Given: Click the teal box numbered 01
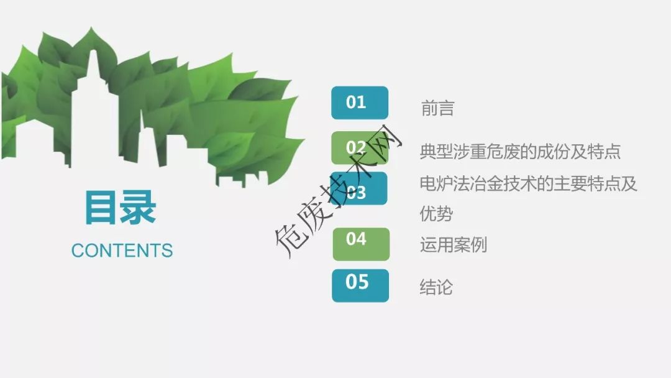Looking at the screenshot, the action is coord(360,103).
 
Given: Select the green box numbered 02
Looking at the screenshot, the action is coord(360,148).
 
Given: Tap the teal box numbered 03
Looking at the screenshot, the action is coord(360,189).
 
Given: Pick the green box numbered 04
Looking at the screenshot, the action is coord(361,244).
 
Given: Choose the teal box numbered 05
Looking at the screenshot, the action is coord(360,285).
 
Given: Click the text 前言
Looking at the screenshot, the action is coord(437,108).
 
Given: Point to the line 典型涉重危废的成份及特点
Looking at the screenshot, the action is coord(520,152).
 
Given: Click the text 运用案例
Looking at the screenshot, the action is coord(453,245).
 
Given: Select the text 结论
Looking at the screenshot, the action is coord(436,287).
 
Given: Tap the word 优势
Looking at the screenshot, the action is coord(436,214).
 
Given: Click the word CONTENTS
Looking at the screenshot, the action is coord(122,251).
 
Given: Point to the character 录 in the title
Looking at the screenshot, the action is coord(138,208).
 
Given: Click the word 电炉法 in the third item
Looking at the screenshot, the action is coord(445,184).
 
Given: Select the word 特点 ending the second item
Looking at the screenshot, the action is coord(604,152).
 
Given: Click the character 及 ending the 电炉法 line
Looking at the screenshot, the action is coord(629,184).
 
